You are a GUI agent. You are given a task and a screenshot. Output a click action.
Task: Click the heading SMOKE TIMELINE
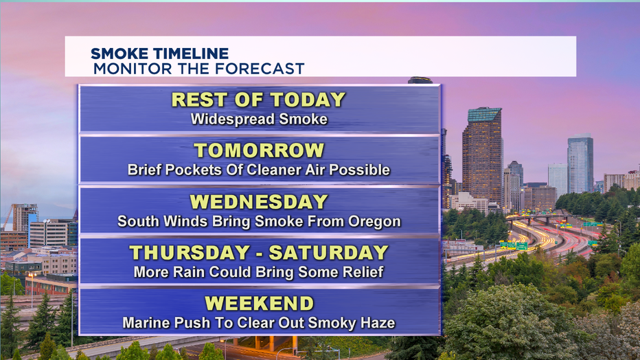click(x=159, y=54)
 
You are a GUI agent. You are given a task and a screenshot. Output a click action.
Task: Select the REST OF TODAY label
click(x=258, y=100)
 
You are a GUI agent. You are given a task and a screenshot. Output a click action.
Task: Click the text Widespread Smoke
click(x=259, y=119)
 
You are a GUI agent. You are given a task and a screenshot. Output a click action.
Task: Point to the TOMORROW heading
click(x=259, y=150)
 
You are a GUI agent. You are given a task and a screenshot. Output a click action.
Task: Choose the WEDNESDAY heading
click(x=259, y=201)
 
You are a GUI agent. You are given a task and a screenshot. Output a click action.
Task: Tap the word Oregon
click(x=374, y=222)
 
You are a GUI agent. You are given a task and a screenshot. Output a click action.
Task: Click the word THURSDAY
click(x=190, y=253)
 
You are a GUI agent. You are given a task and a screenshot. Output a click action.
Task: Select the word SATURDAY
click(x=328, y=253)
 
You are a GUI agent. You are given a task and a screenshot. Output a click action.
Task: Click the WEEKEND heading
click(x=259, y=303)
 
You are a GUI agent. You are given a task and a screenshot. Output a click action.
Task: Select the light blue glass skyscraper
click(x=580, y=164)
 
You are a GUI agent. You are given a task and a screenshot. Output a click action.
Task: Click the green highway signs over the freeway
click(x=514, y=246)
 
